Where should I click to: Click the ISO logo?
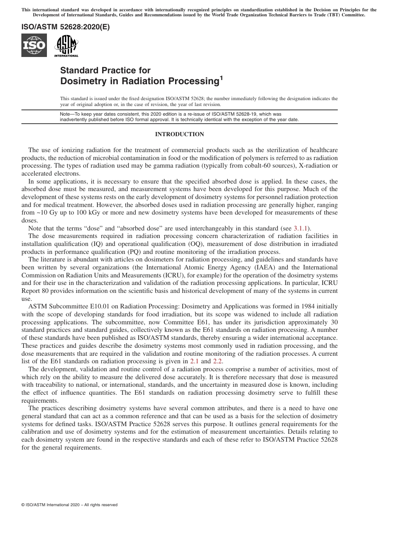pyautogui.click(x=34, y=45)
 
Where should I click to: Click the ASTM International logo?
pyautogui.click(x=66, y=45)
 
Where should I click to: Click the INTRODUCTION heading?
pyautogui.click(x=179, y=135)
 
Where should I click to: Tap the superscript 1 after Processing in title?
pyautogui.click(x=222, y=77)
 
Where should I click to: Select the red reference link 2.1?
pyautogui.click(x=195, y=361)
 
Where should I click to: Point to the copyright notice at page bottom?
pyautogui.click(x=69, y=505)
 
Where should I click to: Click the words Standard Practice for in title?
pyautogui.click(x=105, y=70)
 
